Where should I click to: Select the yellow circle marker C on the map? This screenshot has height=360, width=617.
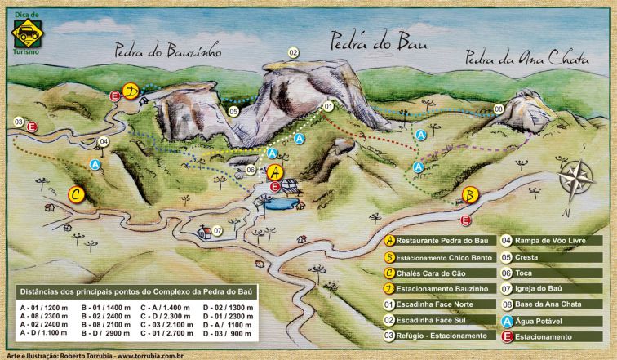(x=76, y=194)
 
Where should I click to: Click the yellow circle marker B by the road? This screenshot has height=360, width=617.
(x=469, y=195)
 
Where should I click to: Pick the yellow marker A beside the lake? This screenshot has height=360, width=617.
(x=276, y=172)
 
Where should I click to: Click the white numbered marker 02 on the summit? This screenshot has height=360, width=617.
(x=293, y=53)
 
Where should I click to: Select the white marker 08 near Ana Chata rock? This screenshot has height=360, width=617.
(x=499, y=109)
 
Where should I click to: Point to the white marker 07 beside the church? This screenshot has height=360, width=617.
(x=218, y=230)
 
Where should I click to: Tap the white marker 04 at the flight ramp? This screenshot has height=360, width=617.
(x=103, y=141)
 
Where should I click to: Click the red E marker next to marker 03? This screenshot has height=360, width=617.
(x=32, y=127)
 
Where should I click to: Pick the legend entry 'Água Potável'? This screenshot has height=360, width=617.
(x=548, y=321)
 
